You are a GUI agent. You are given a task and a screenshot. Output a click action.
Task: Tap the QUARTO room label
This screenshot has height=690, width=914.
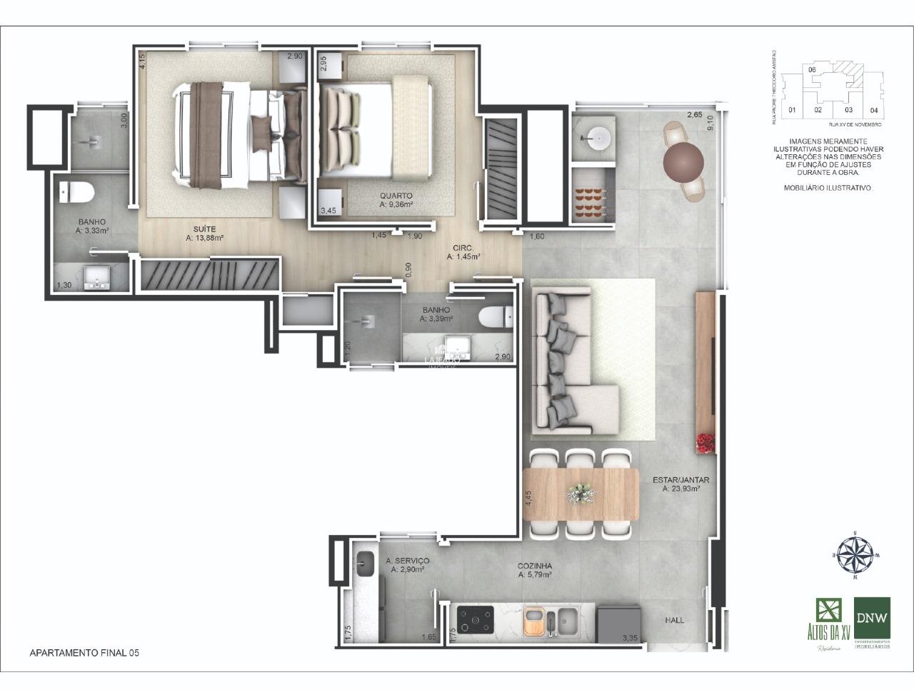pyautogui.click(x=396, y=196)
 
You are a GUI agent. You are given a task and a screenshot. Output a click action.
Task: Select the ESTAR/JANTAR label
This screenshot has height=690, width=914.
pyautogui.click(x=681, y=480)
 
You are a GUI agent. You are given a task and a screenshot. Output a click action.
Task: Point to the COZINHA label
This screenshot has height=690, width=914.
pyautogui.click(x=535, y=566)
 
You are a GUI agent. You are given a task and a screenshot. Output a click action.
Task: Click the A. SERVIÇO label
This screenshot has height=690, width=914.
pyautogui.click(x=407, y=561)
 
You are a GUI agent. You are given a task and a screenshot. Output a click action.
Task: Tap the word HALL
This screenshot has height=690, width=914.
pyautogui.click(x=674, y=620)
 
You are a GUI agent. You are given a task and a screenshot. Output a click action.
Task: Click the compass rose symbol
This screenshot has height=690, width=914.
pyautogui.click(x=855, y=555)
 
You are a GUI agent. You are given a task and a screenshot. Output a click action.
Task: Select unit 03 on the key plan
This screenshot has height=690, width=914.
pyautogui.click(x=848, y=110)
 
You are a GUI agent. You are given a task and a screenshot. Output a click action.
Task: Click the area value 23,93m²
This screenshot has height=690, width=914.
pyautogui.click(x=681, y=489)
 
